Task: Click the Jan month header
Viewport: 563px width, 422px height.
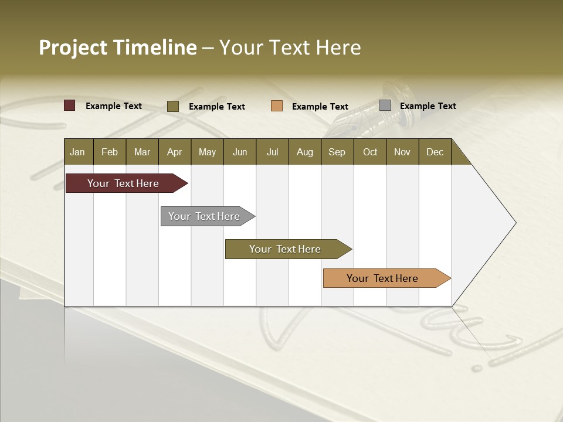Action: pos(77,152)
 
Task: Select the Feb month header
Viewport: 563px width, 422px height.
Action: pos(110,152)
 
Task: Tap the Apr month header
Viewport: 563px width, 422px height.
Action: pos(174,152)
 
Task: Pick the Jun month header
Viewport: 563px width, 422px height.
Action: pos(240,152)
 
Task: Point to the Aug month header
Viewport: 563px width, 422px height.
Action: pos(304,152)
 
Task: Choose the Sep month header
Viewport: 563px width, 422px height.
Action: pos(337,152)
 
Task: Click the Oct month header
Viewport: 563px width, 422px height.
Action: pos(370,152)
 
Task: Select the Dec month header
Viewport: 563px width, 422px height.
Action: pos(435,152)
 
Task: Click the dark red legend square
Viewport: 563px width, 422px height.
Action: pos(69,105)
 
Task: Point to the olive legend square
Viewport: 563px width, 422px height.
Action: pos(172,106)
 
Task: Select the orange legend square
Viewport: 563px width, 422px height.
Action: pos(277,105)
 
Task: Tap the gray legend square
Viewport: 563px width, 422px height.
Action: pos(385,105)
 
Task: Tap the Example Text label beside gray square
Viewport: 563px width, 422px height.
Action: pos(428,106)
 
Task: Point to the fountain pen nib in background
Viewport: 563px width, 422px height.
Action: pos(352,120)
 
